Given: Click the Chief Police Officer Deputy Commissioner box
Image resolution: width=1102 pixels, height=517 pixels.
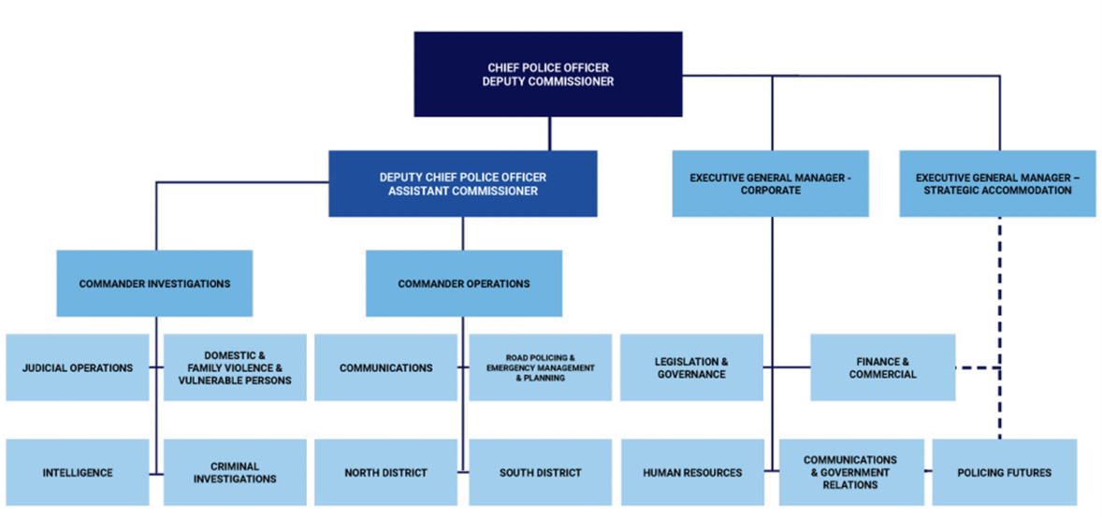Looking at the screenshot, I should pos(548,75).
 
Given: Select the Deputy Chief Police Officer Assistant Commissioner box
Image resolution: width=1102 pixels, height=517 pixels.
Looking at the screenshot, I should pos(462,183).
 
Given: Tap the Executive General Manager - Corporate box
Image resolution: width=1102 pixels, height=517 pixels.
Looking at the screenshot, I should pos(770,183).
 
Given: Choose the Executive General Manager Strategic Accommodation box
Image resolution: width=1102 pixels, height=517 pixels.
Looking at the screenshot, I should pos(997,183).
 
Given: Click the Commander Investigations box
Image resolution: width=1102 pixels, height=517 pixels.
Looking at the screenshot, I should pos(154,283).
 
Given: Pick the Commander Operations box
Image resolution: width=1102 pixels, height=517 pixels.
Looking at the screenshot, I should pos(463,283).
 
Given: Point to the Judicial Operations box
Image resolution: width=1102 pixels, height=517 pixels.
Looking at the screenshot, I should pos(77,367).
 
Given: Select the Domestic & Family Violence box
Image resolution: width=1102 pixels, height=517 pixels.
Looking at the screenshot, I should pos(235,367).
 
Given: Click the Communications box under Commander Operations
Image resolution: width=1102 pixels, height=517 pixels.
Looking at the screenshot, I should pos(385,367).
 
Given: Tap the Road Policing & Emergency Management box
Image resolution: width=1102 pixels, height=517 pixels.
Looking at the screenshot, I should pos(541,367).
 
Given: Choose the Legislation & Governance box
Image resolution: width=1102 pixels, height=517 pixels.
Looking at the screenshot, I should pos(690,367).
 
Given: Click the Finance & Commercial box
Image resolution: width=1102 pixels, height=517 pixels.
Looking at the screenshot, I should pos(882,367).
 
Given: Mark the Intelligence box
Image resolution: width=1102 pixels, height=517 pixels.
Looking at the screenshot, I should pos(77,472).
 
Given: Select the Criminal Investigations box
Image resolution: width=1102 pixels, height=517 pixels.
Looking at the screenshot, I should pos(235,472).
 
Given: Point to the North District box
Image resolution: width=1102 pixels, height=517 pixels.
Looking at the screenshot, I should pos(384,472).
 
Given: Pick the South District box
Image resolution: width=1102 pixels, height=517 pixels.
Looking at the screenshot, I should pos(540,472).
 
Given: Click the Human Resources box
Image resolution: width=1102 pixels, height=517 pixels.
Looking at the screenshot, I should pos(691,472).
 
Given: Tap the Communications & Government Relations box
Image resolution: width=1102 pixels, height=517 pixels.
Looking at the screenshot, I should pos(849,472).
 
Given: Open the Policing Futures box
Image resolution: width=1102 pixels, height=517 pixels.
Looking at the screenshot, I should pos(1004,472).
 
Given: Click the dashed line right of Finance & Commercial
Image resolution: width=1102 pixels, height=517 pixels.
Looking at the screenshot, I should pos(977,368).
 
